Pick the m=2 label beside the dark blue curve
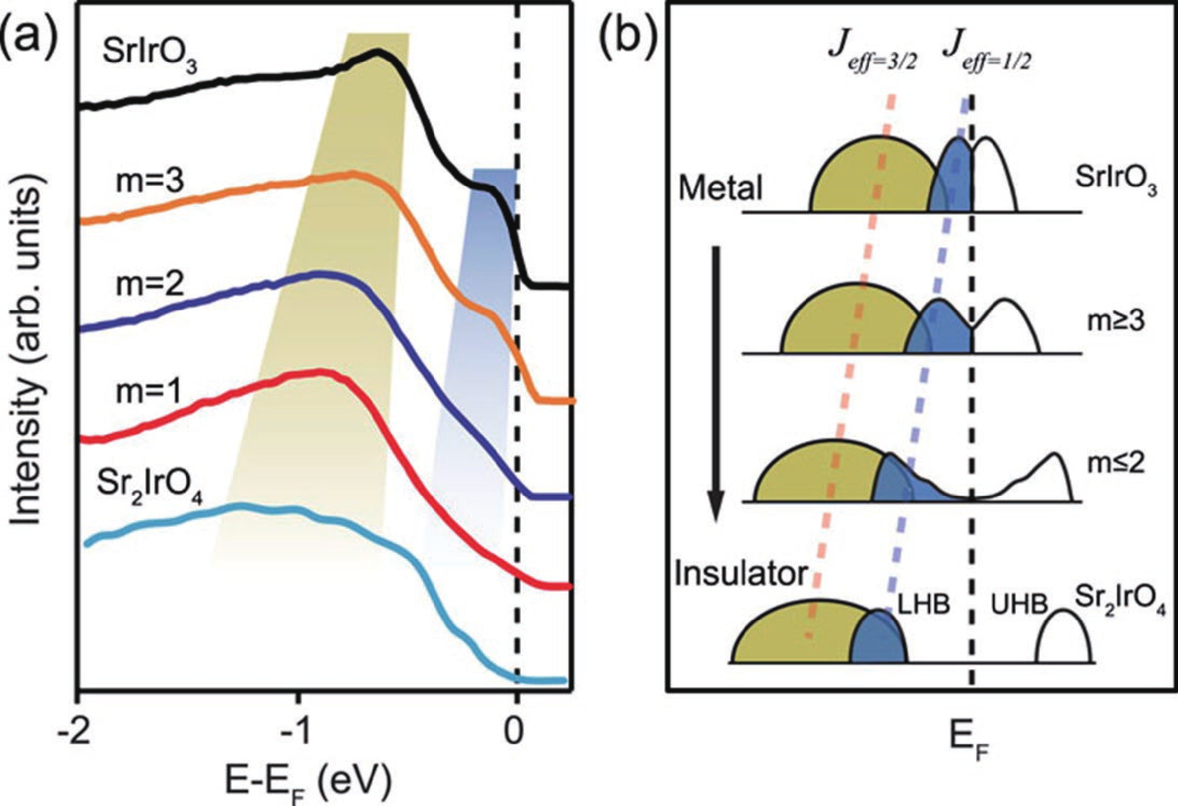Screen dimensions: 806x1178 click(x=150, y=284)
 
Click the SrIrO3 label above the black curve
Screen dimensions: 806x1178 click(x=149, y=57)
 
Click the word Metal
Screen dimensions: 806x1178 click(x=720, y=188)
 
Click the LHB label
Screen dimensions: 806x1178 click(x=923, y=604)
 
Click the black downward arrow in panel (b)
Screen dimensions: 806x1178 click(x=717, y=381)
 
